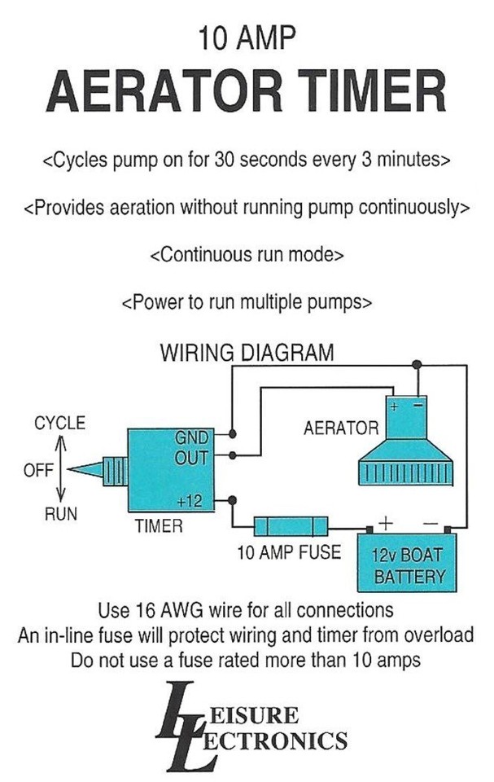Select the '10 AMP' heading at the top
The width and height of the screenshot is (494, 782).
point(246,37)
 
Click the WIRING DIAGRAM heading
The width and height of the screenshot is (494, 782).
point(247,354)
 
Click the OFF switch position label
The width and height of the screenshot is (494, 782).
point(38,470)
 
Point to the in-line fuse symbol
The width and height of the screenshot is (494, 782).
point(291,525)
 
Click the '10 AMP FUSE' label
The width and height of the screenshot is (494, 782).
point(290,552)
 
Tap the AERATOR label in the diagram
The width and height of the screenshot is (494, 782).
point(340,428)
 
